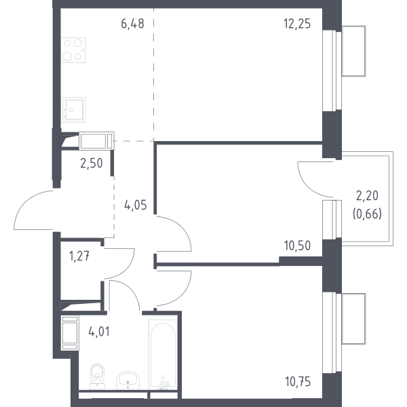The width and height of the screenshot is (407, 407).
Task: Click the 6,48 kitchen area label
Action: (132, 24)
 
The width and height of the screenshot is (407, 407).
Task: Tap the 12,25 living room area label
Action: (297, 24)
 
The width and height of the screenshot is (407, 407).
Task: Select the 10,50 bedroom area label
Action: (297, 246)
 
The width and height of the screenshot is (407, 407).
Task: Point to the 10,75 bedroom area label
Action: (298, 382)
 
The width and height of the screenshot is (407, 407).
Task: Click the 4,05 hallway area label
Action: (136, 205)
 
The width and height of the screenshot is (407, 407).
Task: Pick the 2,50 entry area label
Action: (92, 163)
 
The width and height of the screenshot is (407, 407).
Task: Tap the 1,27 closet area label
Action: (79, 256)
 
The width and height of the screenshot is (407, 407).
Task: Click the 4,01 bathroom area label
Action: (99, 332)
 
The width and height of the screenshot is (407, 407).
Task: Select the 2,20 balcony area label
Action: (367, 196)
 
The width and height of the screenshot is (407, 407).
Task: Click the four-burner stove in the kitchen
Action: (73, 50)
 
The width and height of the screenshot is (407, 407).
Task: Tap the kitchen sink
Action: (73, 109)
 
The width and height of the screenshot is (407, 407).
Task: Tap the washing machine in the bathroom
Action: (70, 333)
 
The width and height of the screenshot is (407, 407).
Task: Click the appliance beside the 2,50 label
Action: (96, 141)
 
